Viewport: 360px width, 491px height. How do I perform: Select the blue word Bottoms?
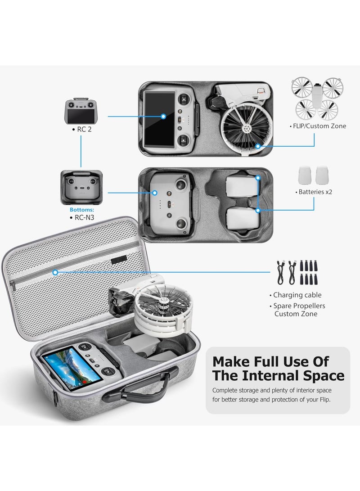point(81,210)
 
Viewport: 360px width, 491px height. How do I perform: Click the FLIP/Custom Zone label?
point(318,126)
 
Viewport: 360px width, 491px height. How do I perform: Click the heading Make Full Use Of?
point(270,361)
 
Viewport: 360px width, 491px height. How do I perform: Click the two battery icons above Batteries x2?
point(315,175)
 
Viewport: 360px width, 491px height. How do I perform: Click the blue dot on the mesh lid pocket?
point(55,272)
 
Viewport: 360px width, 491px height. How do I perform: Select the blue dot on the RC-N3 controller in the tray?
point(155,193)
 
